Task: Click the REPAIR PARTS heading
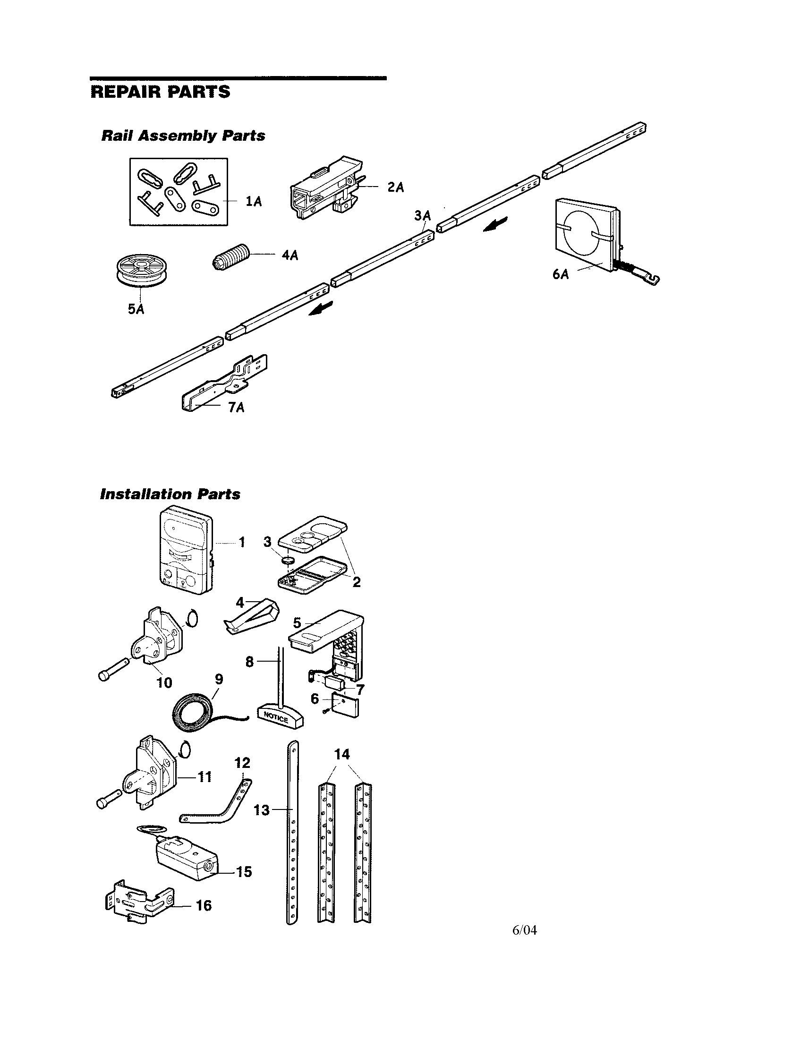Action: tap(160, 91)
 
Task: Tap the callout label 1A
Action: tap(254, 202)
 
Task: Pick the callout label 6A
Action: tap(561, 275)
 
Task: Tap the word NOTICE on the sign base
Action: tap(276, 717)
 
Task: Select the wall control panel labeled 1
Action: tap(186, 550)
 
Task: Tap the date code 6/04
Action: tap(525, 930)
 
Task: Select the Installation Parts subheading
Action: tap(170, 494)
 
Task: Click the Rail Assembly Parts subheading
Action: tap(183, 136)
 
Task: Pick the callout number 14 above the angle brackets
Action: tap(342, 755)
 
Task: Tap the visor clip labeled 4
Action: tap(252, 616)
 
